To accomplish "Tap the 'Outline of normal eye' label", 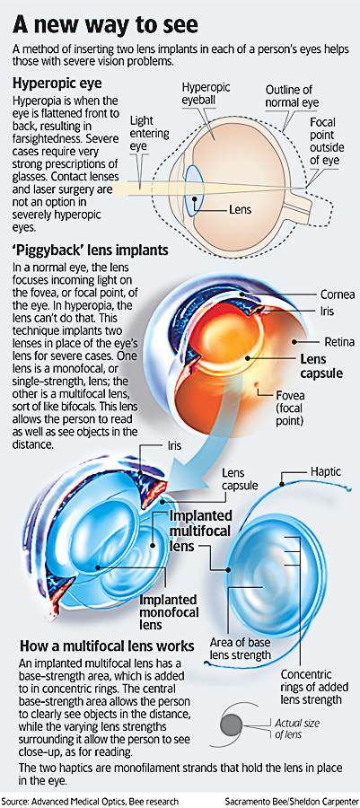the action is [288, 95].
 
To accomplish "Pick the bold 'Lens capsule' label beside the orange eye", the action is [313, 366].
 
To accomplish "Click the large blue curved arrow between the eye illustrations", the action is [190, 448].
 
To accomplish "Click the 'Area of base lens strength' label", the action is [240, 647].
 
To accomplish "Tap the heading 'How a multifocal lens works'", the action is [107, 646].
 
